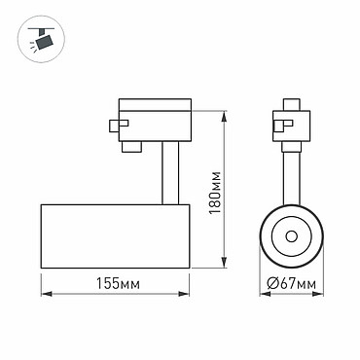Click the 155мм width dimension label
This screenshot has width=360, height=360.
pyautogui.click(x=119, y=284)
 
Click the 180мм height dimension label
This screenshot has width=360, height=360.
pyautogui.click(x=215, y=192)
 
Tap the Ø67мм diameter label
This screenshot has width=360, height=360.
pyautogui.click(x=291, y=284)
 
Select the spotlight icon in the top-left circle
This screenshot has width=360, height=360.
pyautogui.click(x=42, y=39)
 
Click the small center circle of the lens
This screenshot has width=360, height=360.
pyautogui.click(x=291, y=236)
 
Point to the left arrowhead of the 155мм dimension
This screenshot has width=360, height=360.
pyautogui.click(x=47, y=294)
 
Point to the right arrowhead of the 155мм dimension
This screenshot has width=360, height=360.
pyautogui.click(x=184, y=294)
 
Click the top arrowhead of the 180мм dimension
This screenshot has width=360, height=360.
pyautogui.click(x=224, y=117)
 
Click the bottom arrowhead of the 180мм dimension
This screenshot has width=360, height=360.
pyautogui.click(x=224, y=263)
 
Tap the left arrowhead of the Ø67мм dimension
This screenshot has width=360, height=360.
pyautogui.click(x=265, y=294)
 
